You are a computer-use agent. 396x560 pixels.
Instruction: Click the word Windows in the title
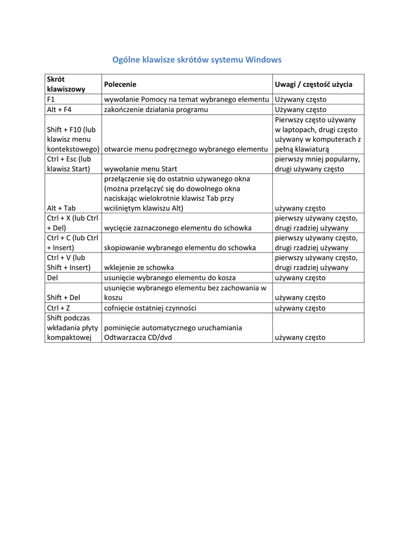pos(264,60)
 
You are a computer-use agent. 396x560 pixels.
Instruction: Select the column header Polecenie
pos(120,84)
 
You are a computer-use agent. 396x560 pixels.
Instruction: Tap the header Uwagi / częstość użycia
pos(313,84)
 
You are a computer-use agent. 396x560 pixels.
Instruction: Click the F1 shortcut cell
pos(51,100)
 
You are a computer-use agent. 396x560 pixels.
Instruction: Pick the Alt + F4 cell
pos(60,109)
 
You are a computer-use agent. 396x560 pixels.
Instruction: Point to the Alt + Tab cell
pos(61,208)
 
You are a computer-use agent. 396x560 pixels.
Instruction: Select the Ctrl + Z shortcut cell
pos(59,308)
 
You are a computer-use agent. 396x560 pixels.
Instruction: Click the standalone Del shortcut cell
pos(53,278)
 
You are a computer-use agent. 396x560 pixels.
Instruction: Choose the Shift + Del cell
pos(63,297)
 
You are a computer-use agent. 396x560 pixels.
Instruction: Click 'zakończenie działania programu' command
pos(156,109)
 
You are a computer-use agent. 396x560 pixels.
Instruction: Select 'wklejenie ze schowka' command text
pos(139,267)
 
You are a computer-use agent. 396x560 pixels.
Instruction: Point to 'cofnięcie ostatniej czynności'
pos(150,308)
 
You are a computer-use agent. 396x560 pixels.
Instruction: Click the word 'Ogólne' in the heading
pos(125,60)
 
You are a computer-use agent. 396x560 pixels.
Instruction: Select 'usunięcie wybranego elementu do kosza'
pos(170,278)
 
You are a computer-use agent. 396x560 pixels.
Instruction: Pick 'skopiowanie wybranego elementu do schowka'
pos(179,248)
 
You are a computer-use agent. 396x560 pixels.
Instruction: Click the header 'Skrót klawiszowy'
pos(66,84)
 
